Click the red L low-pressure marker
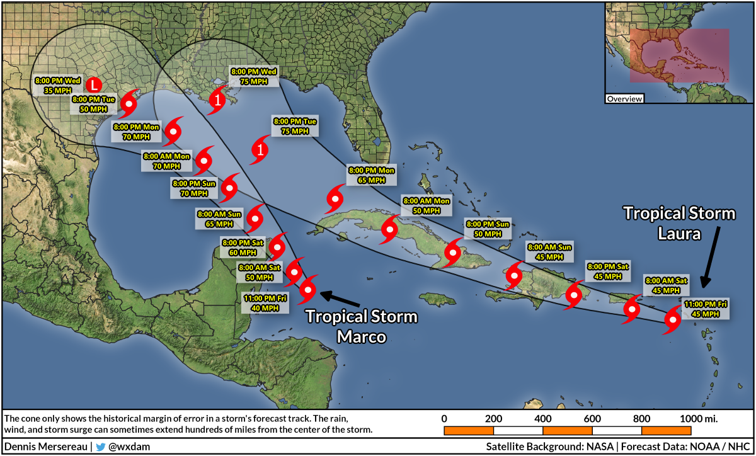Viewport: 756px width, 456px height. point(93,84)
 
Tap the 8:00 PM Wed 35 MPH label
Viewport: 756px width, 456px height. point(58,85)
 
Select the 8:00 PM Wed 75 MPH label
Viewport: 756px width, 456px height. point(253,76)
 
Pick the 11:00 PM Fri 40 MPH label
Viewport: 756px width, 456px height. point(265,303)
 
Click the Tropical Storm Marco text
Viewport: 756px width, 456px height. point(361,326)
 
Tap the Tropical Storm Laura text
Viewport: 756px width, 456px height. point(679,224)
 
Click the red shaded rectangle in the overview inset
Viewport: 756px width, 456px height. point(679,55)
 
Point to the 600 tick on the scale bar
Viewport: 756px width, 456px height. point(592,418)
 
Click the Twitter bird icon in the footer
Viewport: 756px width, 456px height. point(100,447)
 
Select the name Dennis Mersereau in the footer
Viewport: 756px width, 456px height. point(47,447)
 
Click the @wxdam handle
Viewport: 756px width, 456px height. point(129,447)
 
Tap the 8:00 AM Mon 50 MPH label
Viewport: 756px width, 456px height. point(427,205)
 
